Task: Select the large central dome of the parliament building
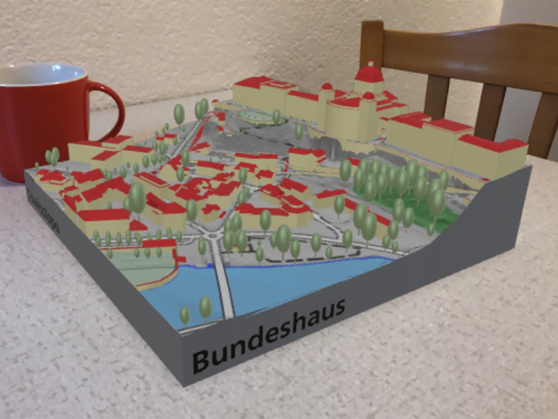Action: tap(369, 74)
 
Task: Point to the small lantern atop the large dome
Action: tap(371, 63)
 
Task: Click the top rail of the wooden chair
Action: tap(465, 47)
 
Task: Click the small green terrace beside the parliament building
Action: tap(256, 116)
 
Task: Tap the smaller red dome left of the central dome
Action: tap(327, 87)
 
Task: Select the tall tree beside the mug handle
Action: tap(179, 114)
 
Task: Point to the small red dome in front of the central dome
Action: tap(368, 96)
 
